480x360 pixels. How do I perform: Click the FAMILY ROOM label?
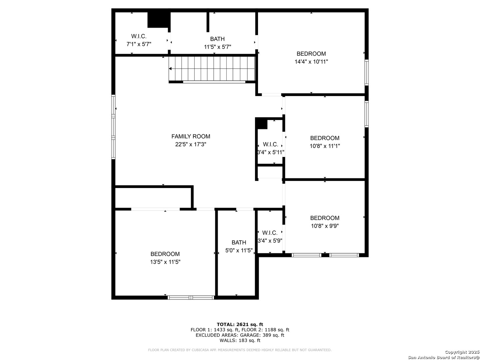pyautogui.click(x=190, y=136)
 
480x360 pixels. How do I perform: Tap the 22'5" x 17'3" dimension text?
pyautogui.click(x=190, y=144)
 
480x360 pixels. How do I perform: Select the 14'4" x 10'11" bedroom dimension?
pyautogui.click(x=311, y=62)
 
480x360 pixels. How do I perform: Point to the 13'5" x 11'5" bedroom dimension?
pyautogui.click(x=165, y=262)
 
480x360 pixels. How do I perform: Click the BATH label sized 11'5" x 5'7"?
pyautogui.click(x=217, y=39)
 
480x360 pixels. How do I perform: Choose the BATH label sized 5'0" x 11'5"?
pyautogui.click(x=239, y=242)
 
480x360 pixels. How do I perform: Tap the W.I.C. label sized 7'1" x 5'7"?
pyautogui.click(x=139, y=36)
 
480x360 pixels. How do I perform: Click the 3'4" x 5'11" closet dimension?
pyautogui.click(x=271, y=152)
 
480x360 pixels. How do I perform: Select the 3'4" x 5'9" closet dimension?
pyautogui.click(x=270, y=241)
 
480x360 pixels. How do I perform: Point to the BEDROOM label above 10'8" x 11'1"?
pyautogui.click(x=325, y=138)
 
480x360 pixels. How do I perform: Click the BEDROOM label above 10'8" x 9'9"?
pyautogui.click(x=325, y=218)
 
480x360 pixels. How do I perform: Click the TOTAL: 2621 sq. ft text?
pyautogui.click(x=240, y=324)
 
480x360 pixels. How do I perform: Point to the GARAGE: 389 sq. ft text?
pyautogui.click(x=262, y=335)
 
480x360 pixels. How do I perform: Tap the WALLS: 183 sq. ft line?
pyautogui.click(x=240, y=340)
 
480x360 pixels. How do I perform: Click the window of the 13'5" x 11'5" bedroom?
pyautogui.click(x=191, y=297)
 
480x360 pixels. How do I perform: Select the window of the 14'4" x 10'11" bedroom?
pyautogui.click(x=367, y=72)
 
